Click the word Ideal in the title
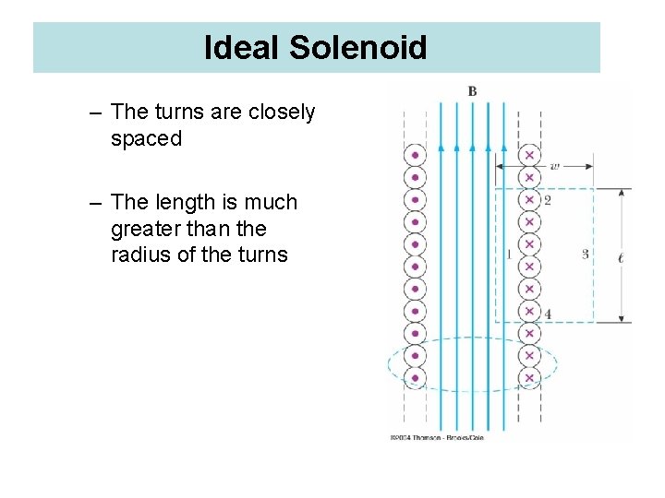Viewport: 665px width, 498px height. click(243, 48)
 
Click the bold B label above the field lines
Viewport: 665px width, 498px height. click(472, 91)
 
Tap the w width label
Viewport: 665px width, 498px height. click(554, 167)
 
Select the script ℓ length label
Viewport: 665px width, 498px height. click(620, 257)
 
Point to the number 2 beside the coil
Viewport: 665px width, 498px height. click(548, 200)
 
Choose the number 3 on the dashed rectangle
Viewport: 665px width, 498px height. click(586, 255)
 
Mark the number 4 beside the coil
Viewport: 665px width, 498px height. click(548, 314)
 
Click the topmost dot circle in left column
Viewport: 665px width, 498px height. click(416, 154)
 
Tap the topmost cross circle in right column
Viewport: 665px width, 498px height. click(529, 154)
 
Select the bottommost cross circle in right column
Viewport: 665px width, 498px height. click(529, 377)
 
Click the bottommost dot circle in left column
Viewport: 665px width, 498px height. click(416, 377)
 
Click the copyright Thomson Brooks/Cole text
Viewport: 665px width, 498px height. click(436, 437)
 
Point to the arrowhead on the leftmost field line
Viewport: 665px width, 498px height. click(441, 146)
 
